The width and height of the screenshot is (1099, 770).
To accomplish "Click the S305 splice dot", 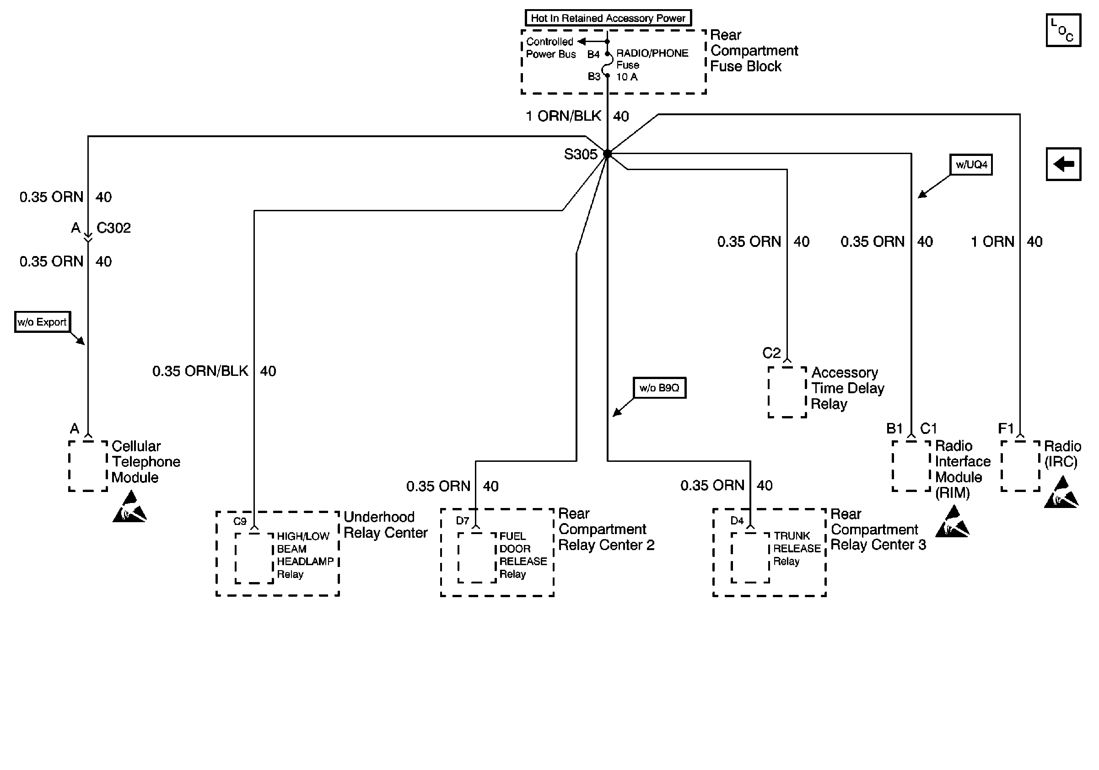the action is click(608, 154).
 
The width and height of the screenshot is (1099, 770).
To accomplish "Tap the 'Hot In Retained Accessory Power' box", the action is click(608, 18).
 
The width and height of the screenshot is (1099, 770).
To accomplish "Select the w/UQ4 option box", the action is click(971, 165).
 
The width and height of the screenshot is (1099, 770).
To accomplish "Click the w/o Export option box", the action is click(42, 322).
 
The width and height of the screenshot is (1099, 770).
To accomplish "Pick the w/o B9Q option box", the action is click(659, 388).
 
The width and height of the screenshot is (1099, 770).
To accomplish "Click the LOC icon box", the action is click(1064, 30).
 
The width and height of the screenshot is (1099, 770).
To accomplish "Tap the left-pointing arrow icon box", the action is click(1064, 164).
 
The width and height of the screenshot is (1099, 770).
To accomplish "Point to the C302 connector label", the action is click(114, 228).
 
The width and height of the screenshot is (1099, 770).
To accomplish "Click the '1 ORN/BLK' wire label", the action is click(563, 116).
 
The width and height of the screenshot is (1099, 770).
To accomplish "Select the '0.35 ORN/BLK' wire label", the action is click(200, 371).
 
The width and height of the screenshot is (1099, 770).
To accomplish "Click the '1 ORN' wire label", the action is click(993, 241).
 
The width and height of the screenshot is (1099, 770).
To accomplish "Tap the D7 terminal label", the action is click(463, 521).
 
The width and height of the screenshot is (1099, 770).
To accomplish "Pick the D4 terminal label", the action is click(737, 521).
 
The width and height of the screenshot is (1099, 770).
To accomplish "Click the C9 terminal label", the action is click(240, 521).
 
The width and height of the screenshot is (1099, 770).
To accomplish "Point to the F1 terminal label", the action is click(1006, 428).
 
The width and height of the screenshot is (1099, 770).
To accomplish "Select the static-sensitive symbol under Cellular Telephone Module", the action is click(129, 507).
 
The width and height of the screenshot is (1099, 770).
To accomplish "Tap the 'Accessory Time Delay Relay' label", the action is click(848, 388).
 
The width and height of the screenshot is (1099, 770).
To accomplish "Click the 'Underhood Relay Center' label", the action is click(385, 524).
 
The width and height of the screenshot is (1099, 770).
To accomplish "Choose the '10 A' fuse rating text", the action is click(627, 77).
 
